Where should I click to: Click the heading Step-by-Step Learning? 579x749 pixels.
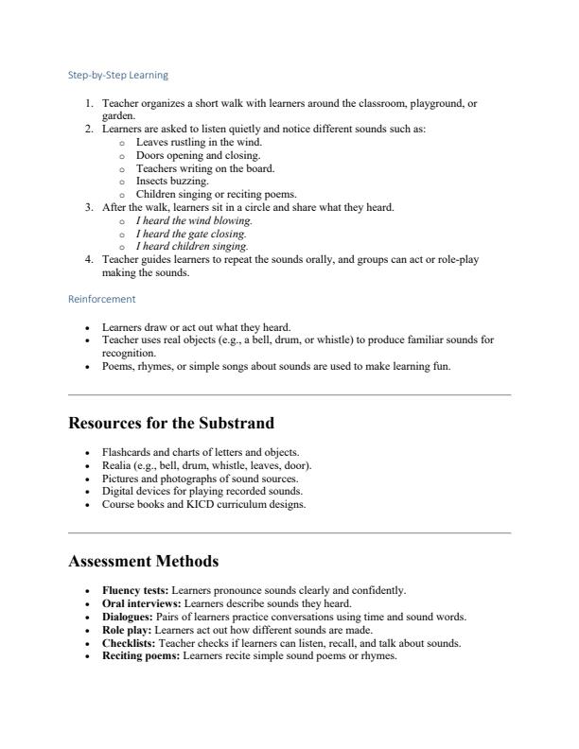point(118,74)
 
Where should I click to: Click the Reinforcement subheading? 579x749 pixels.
point(101,299)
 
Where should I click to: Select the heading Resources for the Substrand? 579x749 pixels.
point(172,424)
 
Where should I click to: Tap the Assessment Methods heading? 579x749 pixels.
point(144,562)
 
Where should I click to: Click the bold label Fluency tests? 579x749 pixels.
point(135,590)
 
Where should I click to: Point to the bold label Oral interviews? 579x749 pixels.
point(142,603)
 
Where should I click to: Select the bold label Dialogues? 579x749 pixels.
point(129,617)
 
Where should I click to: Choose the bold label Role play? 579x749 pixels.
point(127,630)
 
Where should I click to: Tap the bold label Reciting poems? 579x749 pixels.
point(141,655)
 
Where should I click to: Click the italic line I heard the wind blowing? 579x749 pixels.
point(194,220)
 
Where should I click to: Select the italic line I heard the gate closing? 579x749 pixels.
point(191,234)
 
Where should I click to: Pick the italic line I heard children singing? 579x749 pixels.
point(192,247)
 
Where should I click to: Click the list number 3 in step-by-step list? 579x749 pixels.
point(88,207)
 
